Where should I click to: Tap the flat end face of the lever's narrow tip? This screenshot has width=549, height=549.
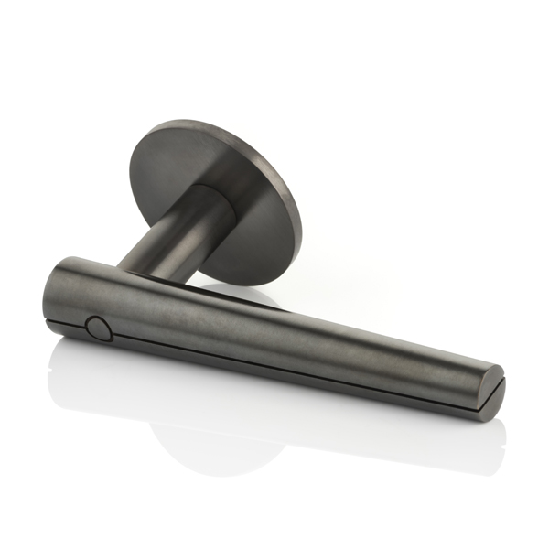pyautogui.click(x=493, y=392)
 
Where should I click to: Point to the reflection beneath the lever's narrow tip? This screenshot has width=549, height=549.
pyautogui.click(x=457, y=439)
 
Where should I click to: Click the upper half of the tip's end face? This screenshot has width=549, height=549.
pyautogui.click(x=492, y=379)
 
